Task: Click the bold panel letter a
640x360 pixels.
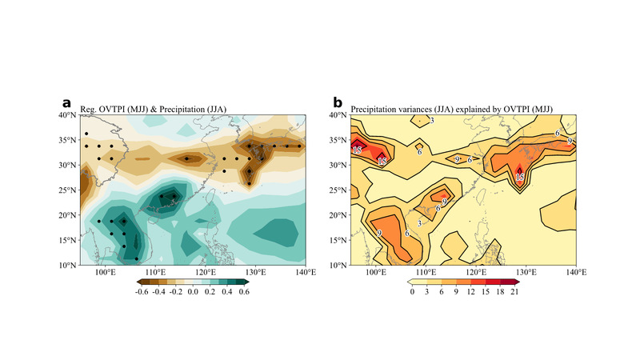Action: [67, 102]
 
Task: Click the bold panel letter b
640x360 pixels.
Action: [338, 102]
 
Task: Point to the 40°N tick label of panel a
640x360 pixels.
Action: [67, 115]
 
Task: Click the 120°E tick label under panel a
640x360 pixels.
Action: [205, 273]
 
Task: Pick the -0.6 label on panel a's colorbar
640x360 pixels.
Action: [142, 293]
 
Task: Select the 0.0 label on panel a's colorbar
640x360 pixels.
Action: [193, 293]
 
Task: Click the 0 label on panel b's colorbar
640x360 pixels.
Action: [411, 293]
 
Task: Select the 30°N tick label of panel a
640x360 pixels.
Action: [67, 166]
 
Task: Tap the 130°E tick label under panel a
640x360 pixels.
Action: [254, 273]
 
